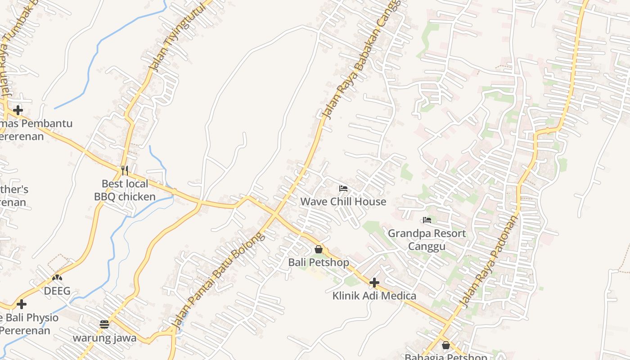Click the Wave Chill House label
pos(343,202)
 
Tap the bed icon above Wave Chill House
pos(343,188)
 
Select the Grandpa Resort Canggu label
pos(427,240)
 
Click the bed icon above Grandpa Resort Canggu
pos(427,220)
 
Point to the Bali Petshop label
pos(319,262)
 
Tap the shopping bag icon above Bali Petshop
pos(319,249)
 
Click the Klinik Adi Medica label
pos(374,296)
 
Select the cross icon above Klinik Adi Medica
pos(374,283)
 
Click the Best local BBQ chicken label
pos(125,190)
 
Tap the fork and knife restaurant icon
pos(125,171)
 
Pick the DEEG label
pos(57,291)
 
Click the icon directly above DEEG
pos(57,278)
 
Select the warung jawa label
pos(105,338)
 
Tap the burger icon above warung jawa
pos(105,324)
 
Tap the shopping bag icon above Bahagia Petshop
pos(445,345)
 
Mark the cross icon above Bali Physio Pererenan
pos(21,305)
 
